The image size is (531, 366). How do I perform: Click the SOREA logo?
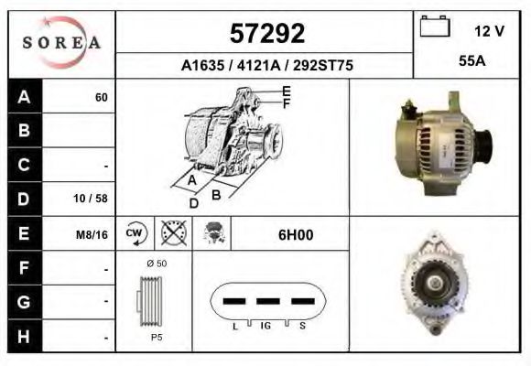point(60,43)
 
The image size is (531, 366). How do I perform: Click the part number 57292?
point(266,34)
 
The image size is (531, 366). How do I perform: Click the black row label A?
point(24,97)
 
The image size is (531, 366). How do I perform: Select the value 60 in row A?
point(101,97)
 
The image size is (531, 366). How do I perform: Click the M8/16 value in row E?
point(92,234)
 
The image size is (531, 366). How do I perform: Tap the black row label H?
point(24,336)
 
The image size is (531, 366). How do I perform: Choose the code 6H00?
point(295,234)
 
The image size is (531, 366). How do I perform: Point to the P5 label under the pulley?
point(156,338)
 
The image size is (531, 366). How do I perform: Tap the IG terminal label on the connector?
point(265,325)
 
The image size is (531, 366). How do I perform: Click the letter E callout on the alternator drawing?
point(286,91)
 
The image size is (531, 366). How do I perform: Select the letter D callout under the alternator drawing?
point(193,203)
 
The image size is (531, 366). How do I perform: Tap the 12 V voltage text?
point(489,31)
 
